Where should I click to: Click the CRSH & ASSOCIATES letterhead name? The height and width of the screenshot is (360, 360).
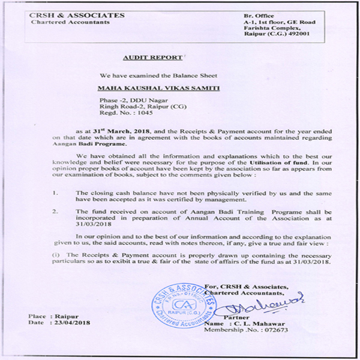[x=78, y=15]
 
